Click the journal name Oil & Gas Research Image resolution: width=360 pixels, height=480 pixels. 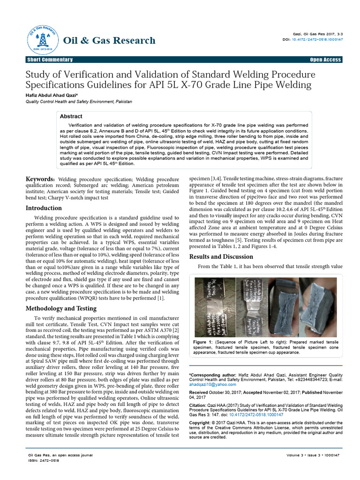click(x=109, y=40)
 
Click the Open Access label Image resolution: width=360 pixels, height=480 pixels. click(x=325, y=60)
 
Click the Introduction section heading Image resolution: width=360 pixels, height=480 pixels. click(x=44, y=208)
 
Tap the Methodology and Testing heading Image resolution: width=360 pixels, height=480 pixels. click(x=61, y=308)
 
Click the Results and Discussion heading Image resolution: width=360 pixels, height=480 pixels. click(x=221, y=256)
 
